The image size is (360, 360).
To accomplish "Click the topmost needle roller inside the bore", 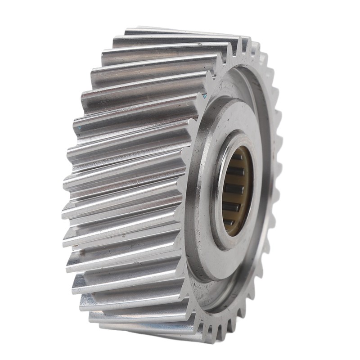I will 237,157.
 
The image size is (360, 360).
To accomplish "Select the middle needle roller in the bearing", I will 233,189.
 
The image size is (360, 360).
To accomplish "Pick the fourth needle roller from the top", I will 231,207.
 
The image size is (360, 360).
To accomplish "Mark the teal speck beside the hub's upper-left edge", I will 204,96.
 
